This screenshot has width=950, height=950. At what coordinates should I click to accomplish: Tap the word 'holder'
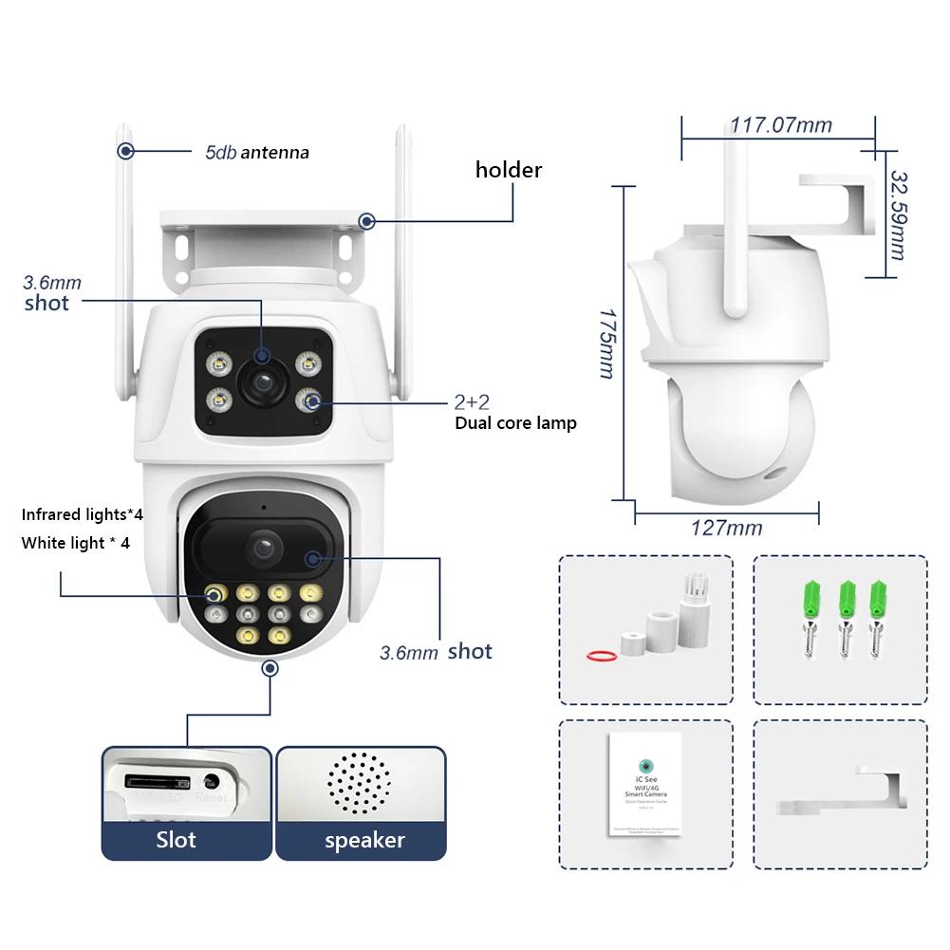(509, 170)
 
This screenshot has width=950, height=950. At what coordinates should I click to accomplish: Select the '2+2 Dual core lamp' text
(515, 413)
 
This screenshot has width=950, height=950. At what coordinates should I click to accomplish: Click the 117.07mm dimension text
(780, 124)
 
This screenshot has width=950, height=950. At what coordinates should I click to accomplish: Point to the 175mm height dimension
(606, 342)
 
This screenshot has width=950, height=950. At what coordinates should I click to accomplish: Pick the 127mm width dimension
(727, 528)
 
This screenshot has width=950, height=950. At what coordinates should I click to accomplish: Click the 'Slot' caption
(177, 840)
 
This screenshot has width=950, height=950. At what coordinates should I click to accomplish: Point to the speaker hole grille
(359, 784)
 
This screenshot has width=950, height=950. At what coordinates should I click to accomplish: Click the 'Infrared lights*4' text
(83, 515)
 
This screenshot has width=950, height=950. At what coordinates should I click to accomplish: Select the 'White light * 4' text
(76, 543)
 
